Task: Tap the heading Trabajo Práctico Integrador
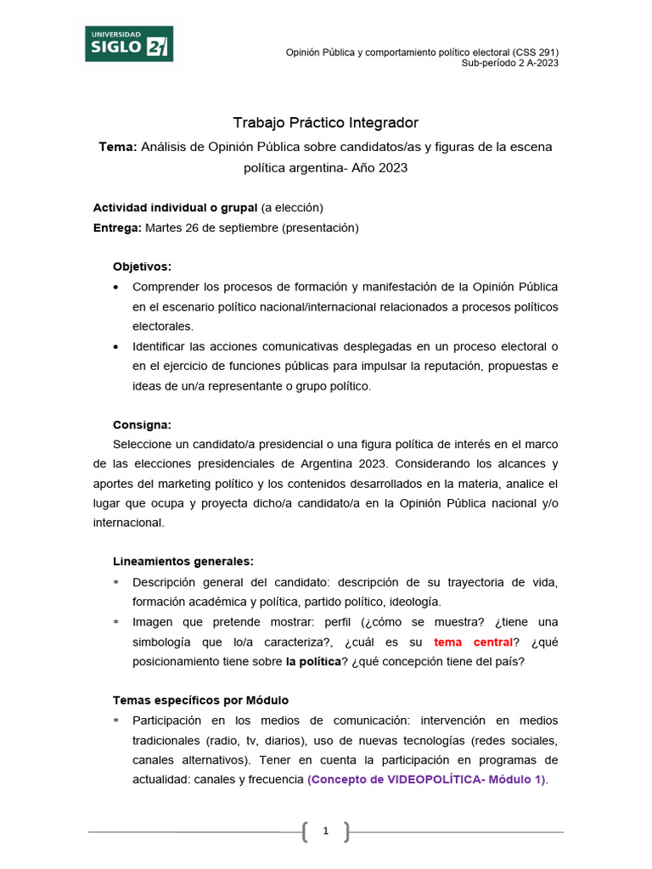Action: point(326,123)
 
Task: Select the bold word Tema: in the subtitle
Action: point(118,147)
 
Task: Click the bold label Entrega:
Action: point(117,227)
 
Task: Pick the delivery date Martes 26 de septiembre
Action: point(211,227)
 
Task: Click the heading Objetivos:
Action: point(142,266)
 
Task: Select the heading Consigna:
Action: point(142,424)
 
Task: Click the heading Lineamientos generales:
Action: point(183,562)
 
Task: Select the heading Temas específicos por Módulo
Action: point(200,700)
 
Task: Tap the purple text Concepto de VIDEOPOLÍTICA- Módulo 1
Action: point(426,779)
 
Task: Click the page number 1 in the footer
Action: point(325,833)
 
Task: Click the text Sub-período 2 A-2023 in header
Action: point(509,63)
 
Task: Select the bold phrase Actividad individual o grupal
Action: point(175,207)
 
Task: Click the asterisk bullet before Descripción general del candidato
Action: point(116,582)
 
